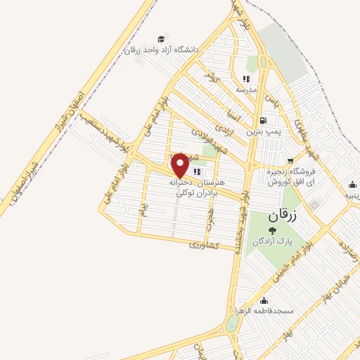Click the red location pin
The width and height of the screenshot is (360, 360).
click(181, 165)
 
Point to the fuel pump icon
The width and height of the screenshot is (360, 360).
click(262, 120)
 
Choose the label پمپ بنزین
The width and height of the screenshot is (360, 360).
click(263, 131)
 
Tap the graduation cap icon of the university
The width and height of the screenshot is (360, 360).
click(162, 39)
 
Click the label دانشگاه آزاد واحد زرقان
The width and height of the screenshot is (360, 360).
click(162, 50)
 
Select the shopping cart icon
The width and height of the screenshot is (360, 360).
click(290, 161)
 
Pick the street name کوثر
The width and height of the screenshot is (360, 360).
click(212, 73)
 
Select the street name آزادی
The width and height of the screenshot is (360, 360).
click(220, 124)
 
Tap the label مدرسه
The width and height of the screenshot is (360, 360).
click(247, 90)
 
